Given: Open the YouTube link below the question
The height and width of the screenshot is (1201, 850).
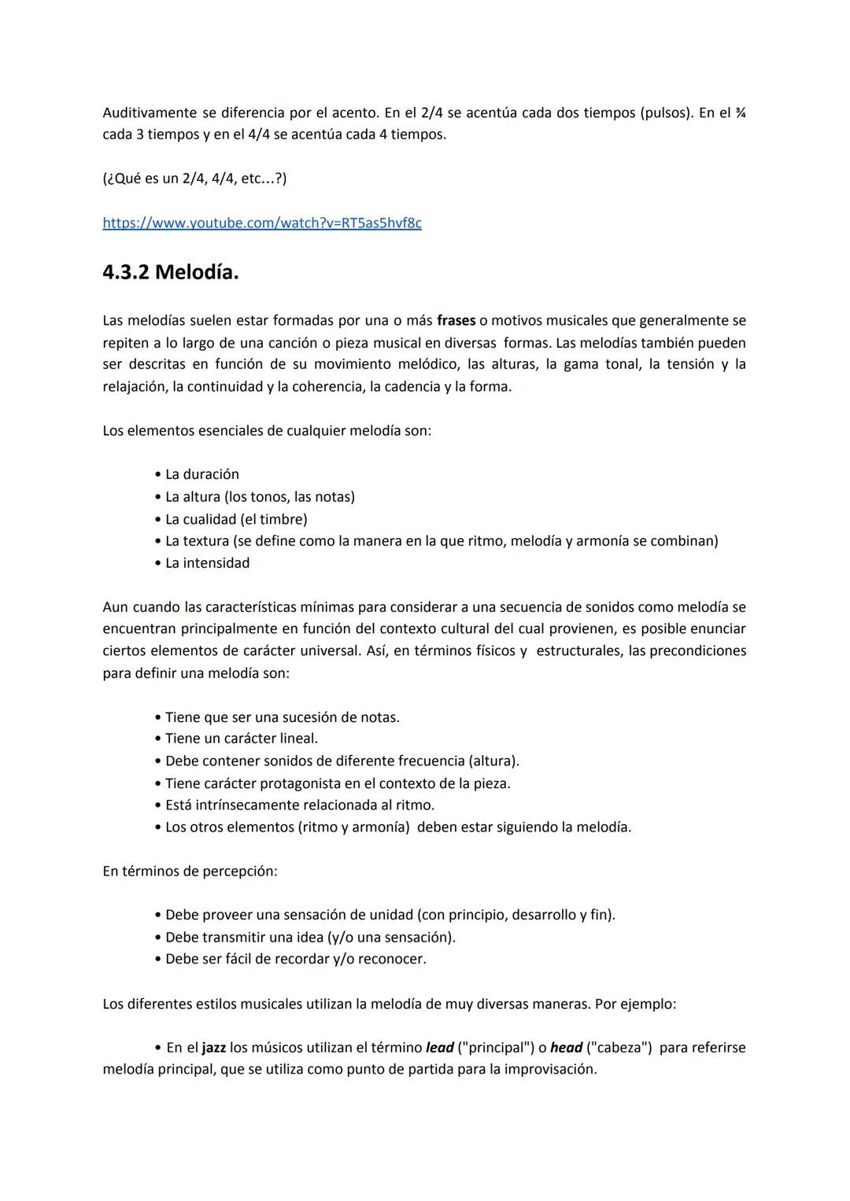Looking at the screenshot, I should (261, 223).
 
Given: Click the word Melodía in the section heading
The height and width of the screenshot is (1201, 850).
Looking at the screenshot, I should (197, 273).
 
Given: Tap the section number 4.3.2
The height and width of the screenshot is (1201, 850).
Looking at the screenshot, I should (126, 273).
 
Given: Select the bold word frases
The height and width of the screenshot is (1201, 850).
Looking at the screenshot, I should (456, 321).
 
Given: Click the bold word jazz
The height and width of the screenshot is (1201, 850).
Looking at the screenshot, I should (213, 1048).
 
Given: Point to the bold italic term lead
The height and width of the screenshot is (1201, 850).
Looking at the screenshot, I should (439, 1048).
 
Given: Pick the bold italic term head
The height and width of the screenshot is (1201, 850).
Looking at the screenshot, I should (566, 1048).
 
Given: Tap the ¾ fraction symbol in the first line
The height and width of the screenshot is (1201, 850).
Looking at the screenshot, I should (740, 113).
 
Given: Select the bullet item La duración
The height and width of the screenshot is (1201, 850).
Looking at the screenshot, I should (201, 475).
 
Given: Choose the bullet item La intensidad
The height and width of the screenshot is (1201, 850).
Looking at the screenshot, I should (207, 563).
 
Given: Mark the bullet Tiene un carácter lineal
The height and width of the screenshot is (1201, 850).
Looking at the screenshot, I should (241, 739).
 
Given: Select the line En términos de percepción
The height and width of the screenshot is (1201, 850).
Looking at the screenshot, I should (190, 871).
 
